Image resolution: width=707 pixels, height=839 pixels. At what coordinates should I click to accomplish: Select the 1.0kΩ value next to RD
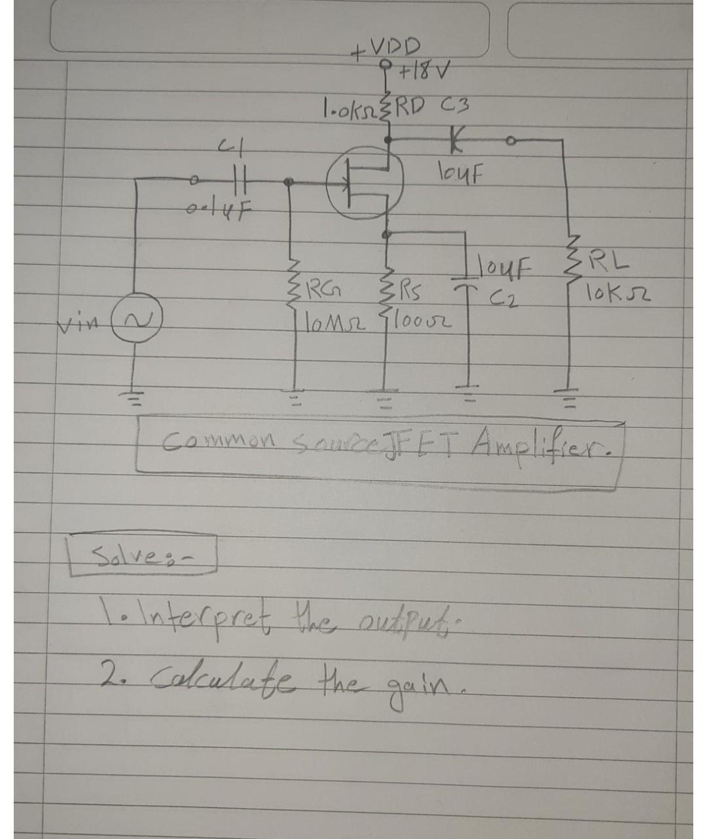pos(347,105)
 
